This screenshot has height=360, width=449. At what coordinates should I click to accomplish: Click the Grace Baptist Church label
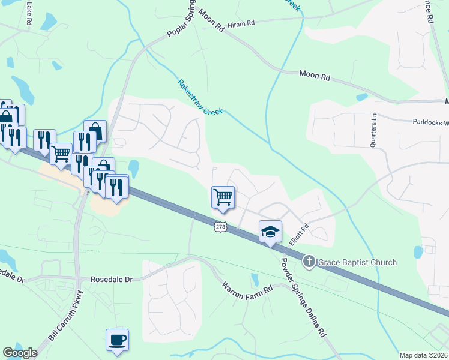(x=357, y=262)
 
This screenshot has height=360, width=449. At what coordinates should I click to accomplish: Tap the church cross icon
(x=309, y=261)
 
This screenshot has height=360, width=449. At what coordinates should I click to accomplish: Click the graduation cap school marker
(x=270, y=232)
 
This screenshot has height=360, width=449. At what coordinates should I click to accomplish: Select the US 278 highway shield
(x=220, y=226)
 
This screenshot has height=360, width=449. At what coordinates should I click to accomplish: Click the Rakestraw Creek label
(x=200, y=98)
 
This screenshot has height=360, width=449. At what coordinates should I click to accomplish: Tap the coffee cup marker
(x=117, y=340)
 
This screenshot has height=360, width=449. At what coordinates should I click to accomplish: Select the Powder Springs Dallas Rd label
(x=304, y=305)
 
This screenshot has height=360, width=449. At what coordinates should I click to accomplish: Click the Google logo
(x=20, y=353)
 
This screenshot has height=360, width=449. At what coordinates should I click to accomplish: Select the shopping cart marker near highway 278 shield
(x=223, y=197)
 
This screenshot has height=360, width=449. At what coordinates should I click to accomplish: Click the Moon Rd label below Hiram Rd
(x=315, y=77)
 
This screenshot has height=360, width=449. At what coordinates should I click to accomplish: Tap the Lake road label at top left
(x=28, y=13)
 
